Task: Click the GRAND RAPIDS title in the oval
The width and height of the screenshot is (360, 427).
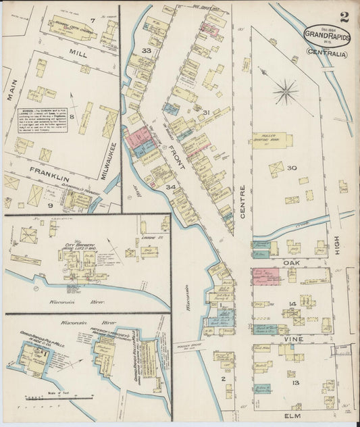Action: click(327, 36)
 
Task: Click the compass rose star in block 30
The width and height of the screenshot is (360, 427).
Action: click(286, 91)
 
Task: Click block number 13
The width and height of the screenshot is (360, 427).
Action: click(294, 382)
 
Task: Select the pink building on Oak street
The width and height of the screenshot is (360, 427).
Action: click(265, 276)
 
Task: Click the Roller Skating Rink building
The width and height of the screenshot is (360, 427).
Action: click(272, 140)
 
